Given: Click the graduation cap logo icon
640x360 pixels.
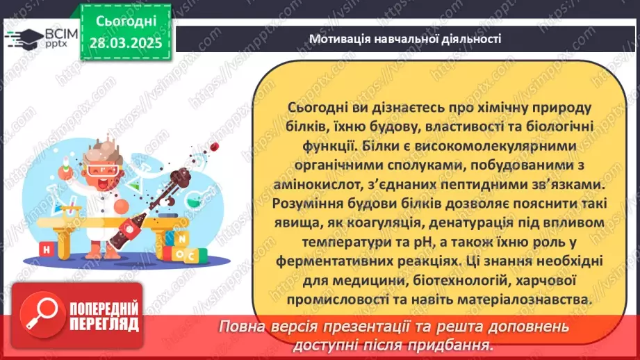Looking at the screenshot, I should click(x=22, y=37).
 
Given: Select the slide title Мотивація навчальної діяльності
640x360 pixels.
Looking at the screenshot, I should click(x=405, y=39).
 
